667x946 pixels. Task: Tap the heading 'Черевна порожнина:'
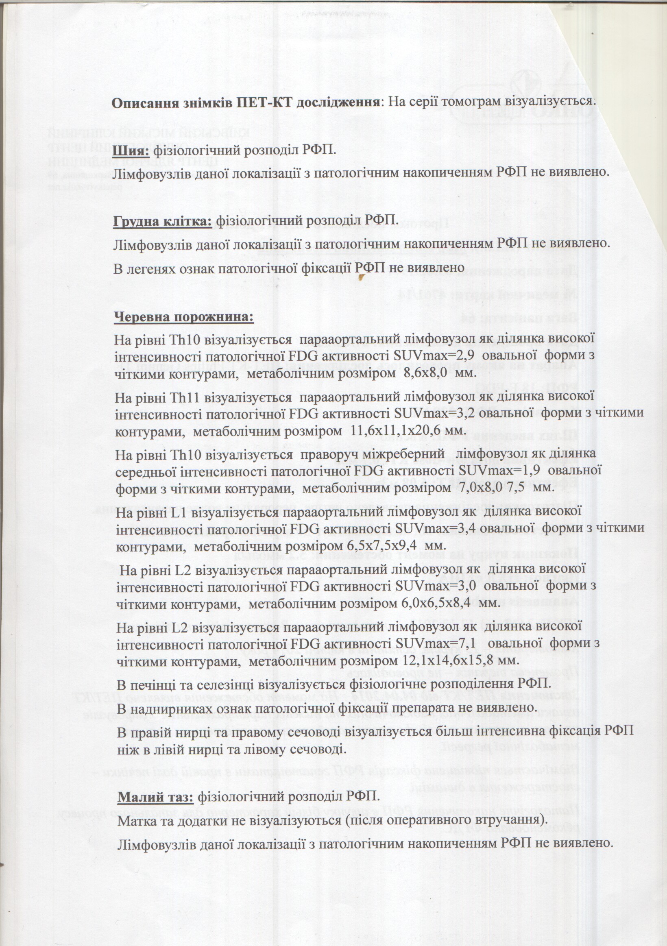(184, 317)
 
